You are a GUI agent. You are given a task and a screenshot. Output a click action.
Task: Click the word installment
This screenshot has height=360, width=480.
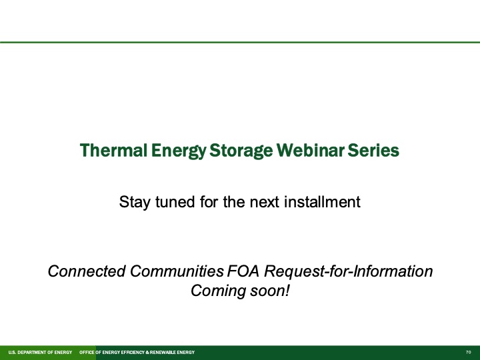coord(324,201)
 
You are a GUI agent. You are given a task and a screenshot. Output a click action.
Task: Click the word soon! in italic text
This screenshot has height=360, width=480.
coord(270,291)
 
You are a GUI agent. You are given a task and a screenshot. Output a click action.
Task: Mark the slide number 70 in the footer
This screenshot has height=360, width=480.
coord(469,352)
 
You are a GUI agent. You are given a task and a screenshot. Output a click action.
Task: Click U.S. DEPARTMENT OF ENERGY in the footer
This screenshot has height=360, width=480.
coord(39,352)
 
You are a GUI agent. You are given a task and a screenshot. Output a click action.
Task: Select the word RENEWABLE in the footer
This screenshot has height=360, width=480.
coord(164,352)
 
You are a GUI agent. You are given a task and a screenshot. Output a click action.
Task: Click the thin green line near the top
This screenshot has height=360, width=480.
coord(240,42)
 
